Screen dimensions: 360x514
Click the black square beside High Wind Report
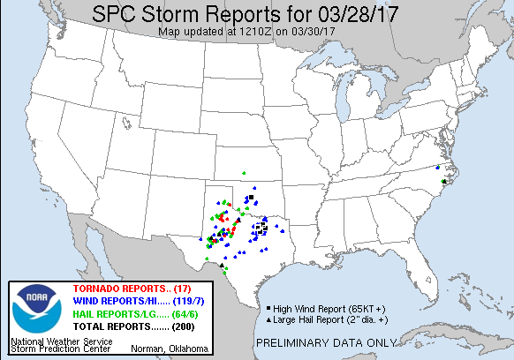pos(267,308)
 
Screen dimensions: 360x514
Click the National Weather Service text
pos(61,341)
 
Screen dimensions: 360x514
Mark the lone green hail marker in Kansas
pos(245,172)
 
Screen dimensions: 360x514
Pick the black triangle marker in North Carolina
pos(444,181)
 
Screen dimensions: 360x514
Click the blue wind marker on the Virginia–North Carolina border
pos(437,168)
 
